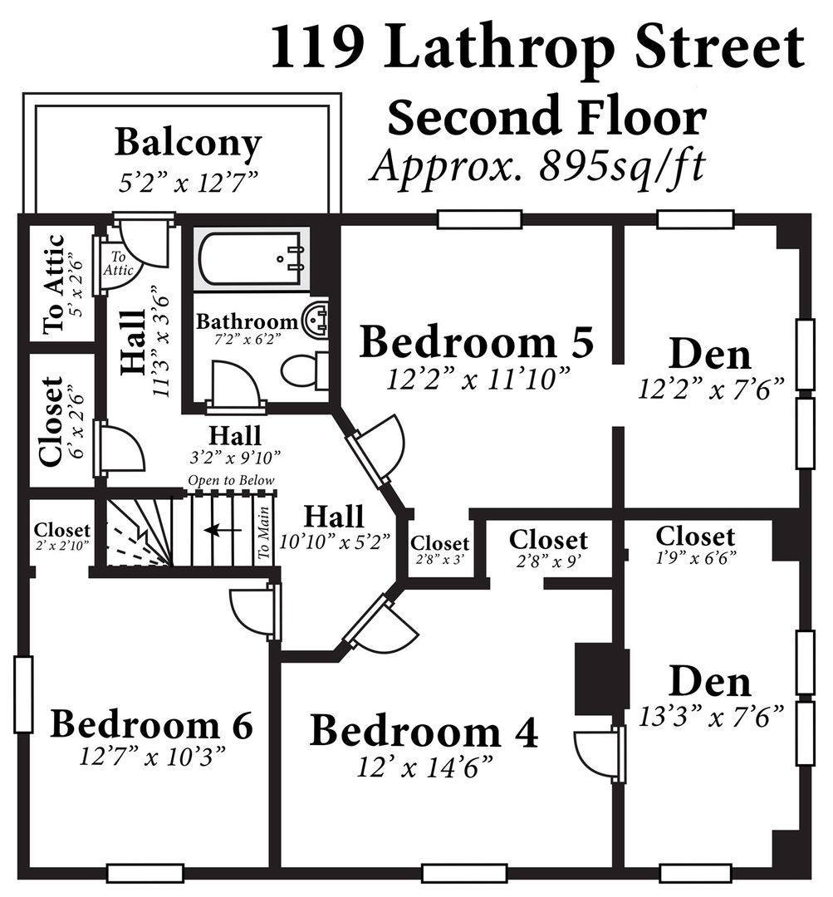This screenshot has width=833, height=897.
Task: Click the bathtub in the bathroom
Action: [251, 258]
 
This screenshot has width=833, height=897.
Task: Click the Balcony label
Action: [189, 143]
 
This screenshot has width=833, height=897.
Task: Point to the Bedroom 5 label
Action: [477, 341]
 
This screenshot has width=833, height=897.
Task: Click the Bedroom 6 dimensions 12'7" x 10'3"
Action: [152, 757]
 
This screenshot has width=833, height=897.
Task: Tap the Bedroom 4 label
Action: [424, 731]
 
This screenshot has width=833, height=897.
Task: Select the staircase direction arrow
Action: [223, 530]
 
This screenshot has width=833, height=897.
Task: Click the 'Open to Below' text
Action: [231, 481]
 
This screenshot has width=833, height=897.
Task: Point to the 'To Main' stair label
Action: [263, 533]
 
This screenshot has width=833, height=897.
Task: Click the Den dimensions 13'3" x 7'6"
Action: [711, 717]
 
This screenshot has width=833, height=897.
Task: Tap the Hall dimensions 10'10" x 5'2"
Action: [335, 541]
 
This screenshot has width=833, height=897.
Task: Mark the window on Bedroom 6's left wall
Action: [23, 694]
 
